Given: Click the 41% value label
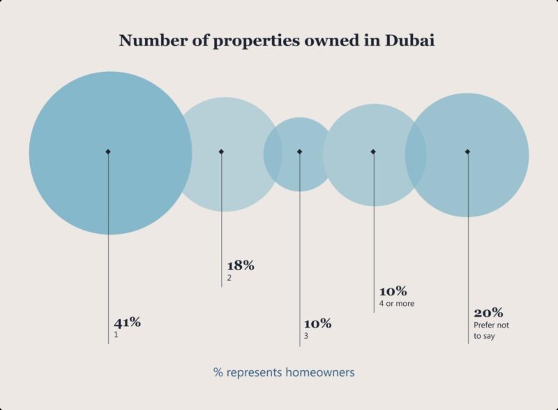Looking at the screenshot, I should [128, 323].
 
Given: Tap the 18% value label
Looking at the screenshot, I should [241, 265].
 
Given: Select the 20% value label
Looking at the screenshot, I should [488, 312].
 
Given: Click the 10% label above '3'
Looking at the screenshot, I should [317, 324].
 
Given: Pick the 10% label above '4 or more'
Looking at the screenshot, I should [393, 291].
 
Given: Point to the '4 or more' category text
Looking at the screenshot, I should [397, 303].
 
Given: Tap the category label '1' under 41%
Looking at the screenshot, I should [116, 335].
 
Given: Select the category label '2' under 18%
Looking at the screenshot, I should [229, 278].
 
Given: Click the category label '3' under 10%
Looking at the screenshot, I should [306, 336].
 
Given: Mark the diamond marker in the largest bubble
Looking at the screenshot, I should [108, 152].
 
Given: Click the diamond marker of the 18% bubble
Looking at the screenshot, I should [221, 152].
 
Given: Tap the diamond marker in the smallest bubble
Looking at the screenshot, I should [299, 152].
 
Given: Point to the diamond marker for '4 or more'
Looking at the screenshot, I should [373, 152].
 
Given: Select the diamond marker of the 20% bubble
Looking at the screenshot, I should [467, 152].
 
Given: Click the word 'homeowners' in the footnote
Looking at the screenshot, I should [320, 372].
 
